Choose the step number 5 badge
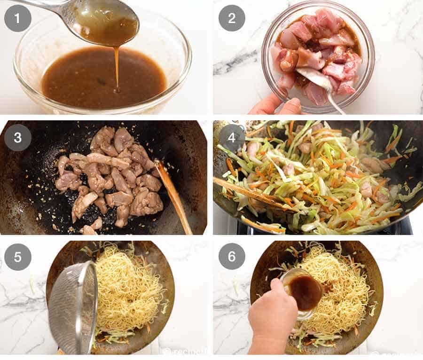tap(18, 257)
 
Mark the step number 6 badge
tap(232, 257)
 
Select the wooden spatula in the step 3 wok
tap(174, 193)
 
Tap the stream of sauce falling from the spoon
tap(116, 66)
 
